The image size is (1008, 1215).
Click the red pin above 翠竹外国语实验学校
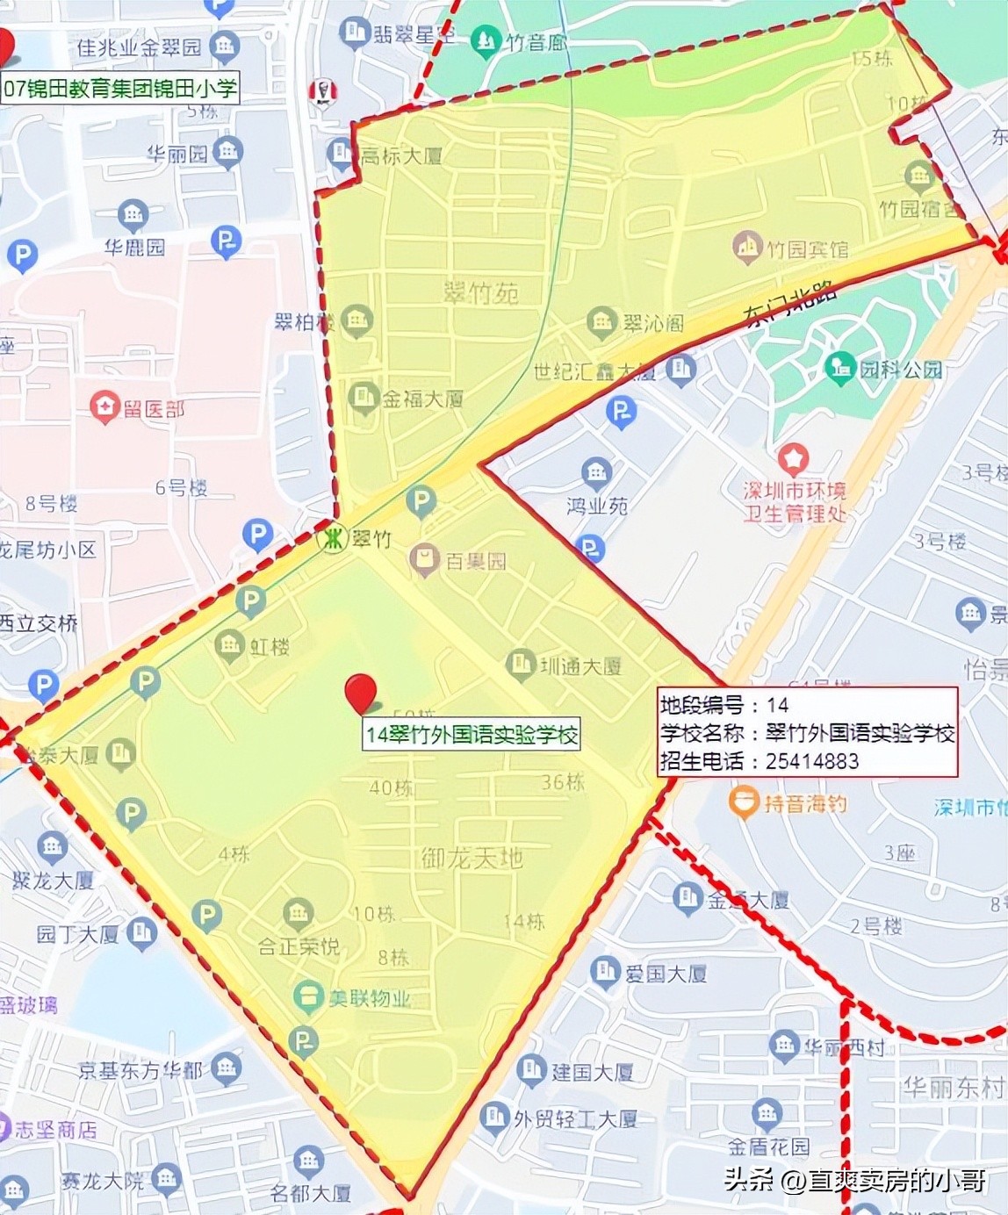pyautogui.click(x=360, y=692)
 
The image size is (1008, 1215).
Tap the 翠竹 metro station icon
pyautogui.click(x=333, y=538)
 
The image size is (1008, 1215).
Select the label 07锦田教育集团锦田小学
pyautogui.click(x=120, y=89)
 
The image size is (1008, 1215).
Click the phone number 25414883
pyautogui.click(x=811, y=761)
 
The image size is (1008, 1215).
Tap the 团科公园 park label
pyautogui.click(x=900, y=369)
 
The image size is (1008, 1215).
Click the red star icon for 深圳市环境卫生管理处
pyautogui.click(x=794, y=457)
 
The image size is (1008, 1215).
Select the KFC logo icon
pyautogui.click(x=323, y=90)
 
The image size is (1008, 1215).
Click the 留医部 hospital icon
pyautogui.click(x=105, y=406)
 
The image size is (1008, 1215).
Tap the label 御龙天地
pyautogui.click(x=472, y=857)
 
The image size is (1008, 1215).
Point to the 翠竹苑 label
pyautogui.click(x=481, y=292)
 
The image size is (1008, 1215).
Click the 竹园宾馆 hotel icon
pyautogui.click(x=747, y=248)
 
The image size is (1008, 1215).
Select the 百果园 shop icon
pyautogui.click(x=424, y=559)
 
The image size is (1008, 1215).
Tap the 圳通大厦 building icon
pyautogui.click(x=521, y=664)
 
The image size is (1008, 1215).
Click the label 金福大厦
pyautogui.click(x=422, y=399)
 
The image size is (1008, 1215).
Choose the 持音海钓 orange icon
pyautogui.click(x=745, y=802)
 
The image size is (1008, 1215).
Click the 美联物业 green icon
pyautogui.click(x=308, y=996)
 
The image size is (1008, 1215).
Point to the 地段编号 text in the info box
pyautogui.click(x=702, y=705)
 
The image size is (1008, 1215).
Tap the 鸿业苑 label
pyautogui.click(x=597, y=506)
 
